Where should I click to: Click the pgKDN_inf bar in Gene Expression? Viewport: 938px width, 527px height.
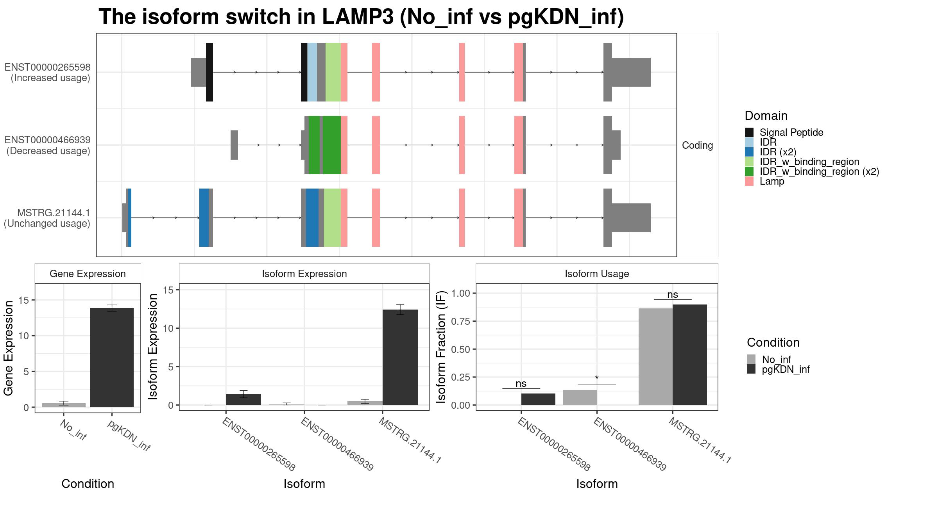pos(112,358)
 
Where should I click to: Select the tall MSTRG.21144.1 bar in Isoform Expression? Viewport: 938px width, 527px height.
pos(400,357)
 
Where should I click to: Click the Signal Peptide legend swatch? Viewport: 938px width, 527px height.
pos(749,132)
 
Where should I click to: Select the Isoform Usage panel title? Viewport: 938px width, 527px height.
pos(597,274)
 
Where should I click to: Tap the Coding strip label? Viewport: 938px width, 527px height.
pos(697,145)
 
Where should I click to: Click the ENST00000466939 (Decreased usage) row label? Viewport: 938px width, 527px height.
pos(48,145)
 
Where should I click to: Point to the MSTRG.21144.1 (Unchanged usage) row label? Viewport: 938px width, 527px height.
pos(47,218)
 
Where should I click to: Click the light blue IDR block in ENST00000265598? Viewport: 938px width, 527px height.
pos(312,72)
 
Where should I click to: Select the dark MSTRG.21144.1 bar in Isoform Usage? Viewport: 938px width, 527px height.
pos(690,355)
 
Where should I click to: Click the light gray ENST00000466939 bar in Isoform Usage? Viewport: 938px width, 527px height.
pos(580,397)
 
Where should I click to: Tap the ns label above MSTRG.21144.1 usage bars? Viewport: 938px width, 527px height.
pos(673,295)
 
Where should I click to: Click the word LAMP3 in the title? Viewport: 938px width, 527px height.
pos(358,17)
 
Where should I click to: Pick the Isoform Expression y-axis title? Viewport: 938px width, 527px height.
pos(153,347)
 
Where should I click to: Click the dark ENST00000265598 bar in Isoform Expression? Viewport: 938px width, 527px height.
pos(243,400)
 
